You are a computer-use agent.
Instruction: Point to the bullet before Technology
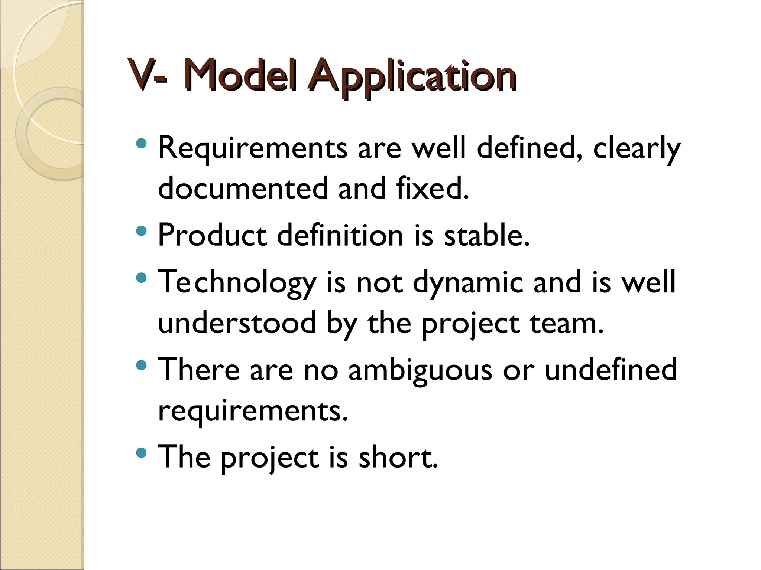[x=142, y=278]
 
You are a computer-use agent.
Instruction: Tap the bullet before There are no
[x=142, y=366]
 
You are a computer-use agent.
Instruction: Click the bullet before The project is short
[x=142, y=453]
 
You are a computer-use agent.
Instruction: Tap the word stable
[x=487, y=235]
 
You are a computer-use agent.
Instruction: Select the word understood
[x=237, y=323]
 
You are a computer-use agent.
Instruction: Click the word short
[x=398, y=457]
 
